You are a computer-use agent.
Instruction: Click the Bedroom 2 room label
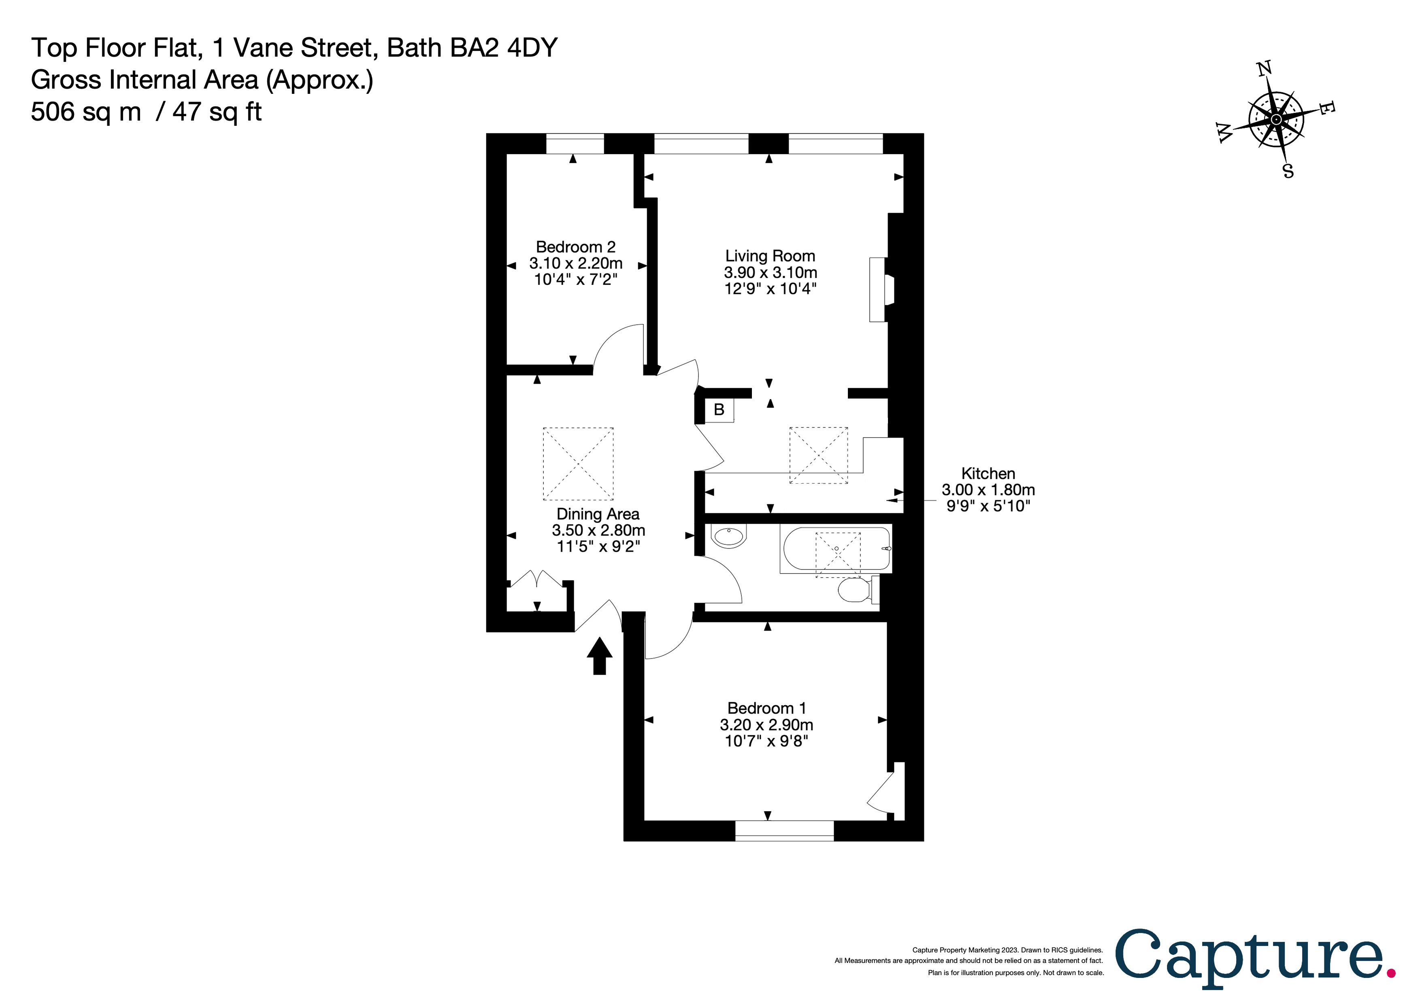click(x=575, y=247)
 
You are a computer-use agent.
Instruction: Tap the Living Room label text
click(x=770, y=256)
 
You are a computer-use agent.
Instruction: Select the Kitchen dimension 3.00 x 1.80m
click(x=988, y=490)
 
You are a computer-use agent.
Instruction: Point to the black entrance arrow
click(x=599, y=655)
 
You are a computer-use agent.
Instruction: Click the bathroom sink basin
click(x=729, y=536)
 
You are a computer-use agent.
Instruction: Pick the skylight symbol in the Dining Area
click(x=578, y=464)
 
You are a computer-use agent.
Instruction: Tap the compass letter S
click(x=1288, y=171)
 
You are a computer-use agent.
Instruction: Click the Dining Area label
click(x=598, y=514)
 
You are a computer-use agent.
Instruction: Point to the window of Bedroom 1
click(x=784, y=831)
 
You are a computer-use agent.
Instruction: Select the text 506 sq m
click(x=86, y=113)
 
